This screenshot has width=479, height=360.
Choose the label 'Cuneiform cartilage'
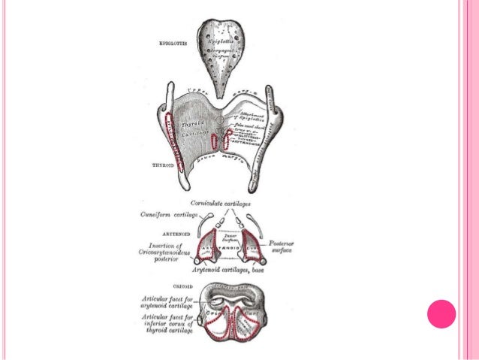[168, 214]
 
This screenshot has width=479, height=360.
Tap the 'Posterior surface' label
[283, 248]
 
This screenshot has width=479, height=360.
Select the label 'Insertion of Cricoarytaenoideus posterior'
[166, 252]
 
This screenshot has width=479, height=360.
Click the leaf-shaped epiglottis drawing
[219, 53]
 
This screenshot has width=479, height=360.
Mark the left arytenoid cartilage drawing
[209, 245]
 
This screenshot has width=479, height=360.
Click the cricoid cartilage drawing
[232, 309]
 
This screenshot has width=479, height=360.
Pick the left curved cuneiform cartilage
[200, 226]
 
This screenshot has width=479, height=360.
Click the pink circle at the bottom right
[441, 313]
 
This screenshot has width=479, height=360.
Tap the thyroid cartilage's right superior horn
[279, 110]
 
